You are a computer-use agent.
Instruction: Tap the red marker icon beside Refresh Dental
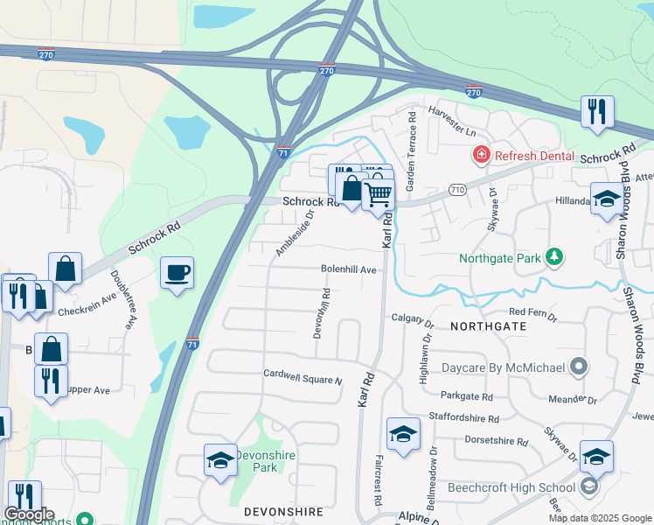pos(480,156)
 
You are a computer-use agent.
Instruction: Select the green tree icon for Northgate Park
pos(553,257)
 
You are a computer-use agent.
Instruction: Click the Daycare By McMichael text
pos(503,367)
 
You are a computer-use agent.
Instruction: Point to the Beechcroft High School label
pos(511,487)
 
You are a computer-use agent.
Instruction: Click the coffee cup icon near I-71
pos(177,273)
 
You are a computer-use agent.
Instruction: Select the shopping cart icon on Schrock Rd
pos(378,193)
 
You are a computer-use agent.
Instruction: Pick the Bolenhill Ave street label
pos(348,270)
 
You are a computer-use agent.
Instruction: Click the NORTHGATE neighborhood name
pos(489,325)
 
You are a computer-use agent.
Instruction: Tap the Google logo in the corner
pos(29,514)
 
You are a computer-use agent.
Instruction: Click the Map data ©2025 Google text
pos(599,518)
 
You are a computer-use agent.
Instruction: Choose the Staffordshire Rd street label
pos(463,419)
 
